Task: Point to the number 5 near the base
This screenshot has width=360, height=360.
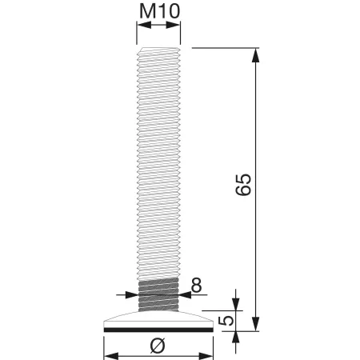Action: (228, 320)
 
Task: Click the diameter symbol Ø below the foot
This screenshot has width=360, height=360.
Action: (158, 345)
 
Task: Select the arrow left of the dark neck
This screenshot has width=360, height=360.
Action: (133, 293)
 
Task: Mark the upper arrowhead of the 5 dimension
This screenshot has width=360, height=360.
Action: (237, 304)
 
